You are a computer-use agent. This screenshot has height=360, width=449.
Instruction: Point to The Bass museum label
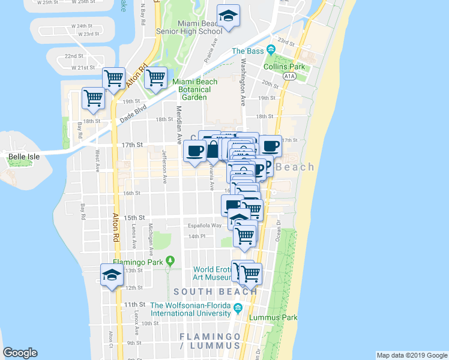click(x=248, y=51)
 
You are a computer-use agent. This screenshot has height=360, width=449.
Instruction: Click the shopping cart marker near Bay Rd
click(x=93, y=98)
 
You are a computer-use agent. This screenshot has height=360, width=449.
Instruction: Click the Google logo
click(x=20, y=353)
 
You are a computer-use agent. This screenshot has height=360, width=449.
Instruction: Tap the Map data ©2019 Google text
click(x=412, y=355)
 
